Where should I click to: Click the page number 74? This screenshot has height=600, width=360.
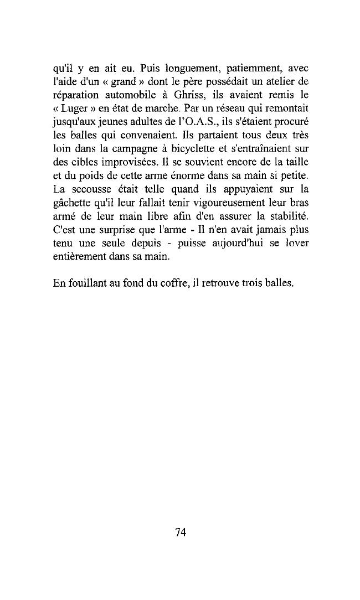pyautogui.click(x=180, y=532)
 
